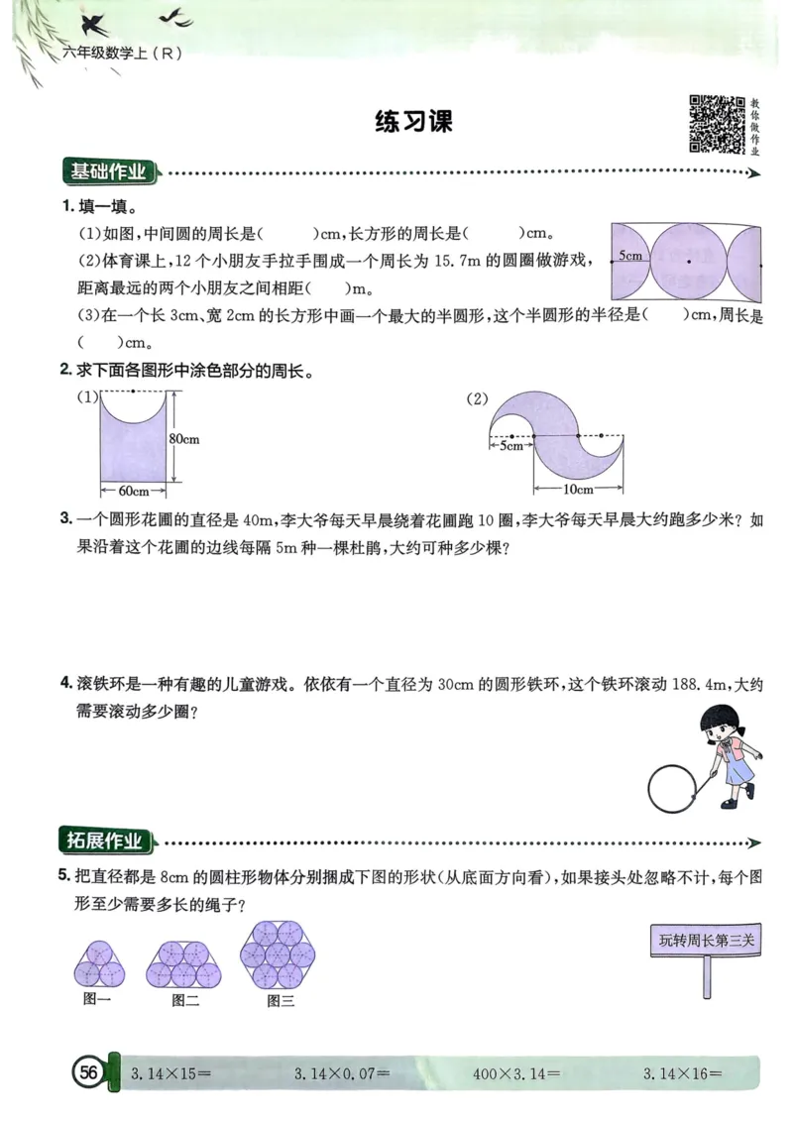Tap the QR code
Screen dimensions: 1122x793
point(717,124)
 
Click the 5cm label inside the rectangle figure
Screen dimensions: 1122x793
point(630,256)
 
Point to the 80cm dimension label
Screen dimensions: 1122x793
point(185,438)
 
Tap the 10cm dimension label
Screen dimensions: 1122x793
point(578,490)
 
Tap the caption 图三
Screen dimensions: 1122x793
point(281,1001)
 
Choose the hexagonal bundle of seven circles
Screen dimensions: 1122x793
point(279,954)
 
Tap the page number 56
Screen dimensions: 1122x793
point(88,1072)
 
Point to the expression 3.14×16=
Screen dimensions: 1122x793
point(683,1072)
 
